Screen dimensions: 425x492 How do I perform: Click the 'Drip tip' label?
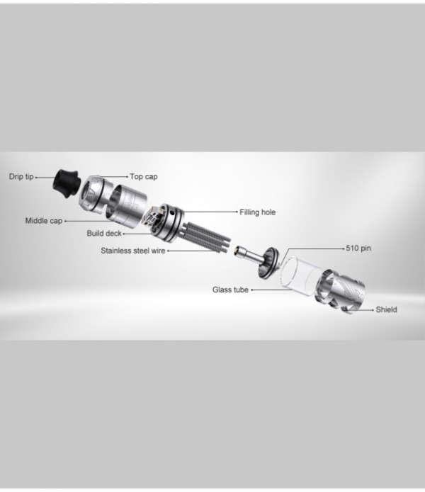point(21,177)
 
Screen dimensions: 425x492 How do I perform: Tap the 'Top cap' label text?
point(144,177)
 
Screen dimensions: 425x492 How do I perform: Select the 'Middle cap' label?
point(44,221)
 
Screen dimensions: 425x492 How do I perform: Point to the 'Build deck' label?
point(104,234)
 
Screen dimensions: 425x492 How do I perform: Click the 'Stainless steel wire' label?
point(132,251)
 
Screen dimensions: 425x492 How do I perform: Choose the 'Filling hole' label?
point(257,212)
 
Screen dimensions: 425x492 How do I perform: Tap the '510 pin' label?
point(358,248)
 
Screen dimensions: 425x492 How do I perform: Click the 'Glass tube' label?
point(230,290)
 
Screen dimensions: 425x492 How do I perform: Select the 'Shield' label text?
point(386,309)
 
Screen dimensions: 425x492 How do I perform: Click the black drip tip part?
point(65,185)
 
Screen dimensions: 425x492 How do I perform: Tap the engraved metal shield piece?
point(341,291)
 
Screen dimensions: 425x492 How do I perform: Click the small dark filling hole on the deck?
point(171,213)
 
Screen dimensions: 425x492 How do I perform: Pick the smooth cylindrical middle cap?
point(126,202)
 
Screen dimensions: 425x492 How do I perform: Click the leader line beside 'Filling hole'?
point(210,212)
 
